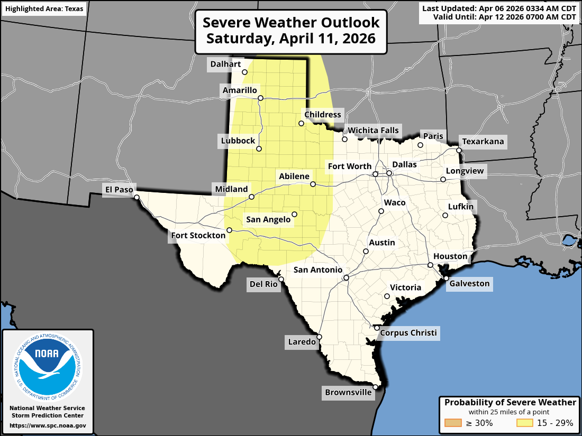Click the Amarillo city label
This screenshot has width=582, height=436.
click(x=240, y=90)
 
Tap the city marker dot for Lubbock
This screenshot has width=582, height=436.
click(x=259, y=149)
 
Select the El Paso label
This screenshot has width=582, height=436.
click(x=119, y=189)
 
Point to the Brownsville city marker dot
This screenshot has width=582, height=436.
click(x=375, y=387)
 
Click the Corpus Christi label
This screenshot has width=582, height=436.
click(x=408, y=332)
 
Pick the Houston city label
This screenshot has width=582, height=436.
click(x=450, y=256)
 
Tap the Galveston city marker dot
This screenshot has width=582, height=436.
click(x=446, y=278)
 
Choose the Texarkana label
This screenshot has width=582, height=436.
click(x=483, y=142)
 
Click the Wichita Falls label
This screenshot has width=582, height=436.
click(x=373, y=131)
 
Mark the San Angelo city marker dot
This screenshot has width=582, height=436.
click(x=295, y=214)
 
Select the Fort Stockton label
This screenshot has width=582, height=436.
click(x=198, y=235)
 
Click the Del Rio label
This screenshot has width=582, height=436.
click(x=263, y=284)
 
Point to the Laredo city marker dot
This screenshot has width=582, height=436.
click(x=320, y=336)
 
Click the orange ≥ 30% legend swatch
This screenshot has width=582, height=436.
click(x=453, y=423)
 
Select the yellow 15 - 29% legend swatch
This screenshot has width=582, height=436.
click(x=524, y=423)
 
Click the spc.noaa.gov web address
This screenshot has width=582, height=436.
click(x=48, y=425)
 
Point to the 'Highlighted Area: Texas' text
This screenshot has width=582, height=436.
click(x=43, y=10)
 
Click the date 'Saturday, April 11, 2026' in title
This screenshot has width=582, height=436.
click(x=291, y=39)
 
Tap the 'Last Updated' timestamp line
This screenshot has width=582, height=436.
click(x=499, y=8)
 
